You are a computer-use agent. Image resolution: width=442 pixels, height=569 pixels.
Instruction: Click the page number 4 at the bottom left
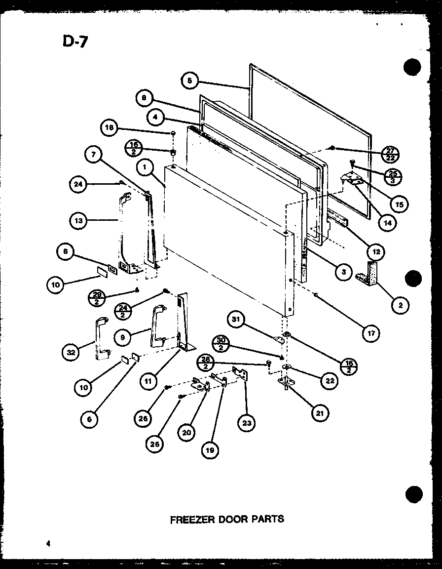point(48,544)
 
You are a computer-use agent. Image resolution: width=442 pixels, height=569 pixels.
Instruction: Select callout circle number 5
point(190,81)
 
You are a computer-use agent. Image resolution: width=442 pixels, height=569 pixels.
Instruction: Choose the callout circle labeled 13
point(79,221)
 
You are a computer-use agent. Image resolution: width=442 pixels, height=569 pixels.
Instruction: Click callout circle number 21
point(320,413)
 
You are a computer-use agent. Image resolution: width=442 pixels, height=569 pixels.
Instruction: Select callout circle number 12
point(376,251)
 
